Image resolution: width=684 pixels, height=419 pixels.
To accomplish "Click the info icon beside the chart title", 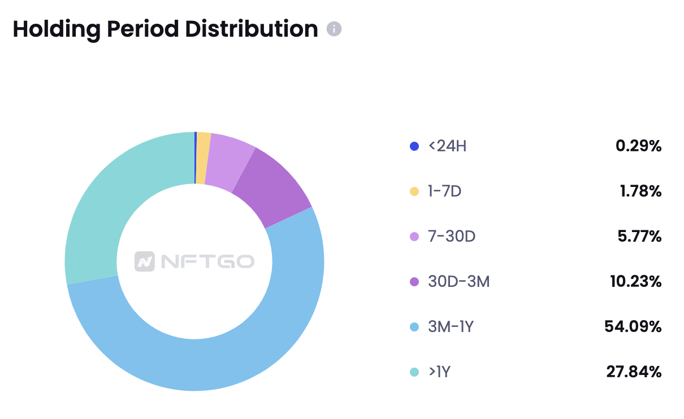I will (334, 29).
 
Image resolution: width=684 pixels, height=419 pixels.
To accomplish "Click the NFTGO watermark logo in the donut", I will (194, 261).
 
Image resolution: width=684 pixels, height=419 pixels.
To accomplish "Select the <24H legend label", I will (447, 146).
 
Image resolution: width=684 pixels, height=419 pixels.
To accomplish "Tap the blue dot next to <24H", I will (414, 146).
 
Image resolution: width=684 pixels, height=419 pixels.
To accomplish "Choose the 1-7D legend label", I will (445, 191).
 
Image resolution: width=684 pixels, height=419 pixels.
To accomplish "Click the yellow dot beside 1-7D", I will (414, 191).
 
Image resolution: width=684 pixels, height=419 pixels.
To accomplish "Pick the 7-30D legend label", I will (452, 237).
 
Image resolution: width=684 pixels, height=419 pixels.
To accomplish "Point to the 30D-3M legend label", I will (458, 282).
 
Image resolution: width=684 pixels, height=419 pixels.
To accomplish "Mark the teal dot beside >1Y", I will (414, 372).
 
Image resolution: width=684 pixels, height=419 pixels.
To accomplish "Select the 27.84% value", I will (633, 372).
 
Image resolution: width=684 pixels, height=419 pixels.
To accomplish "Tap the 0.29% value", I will (638, 146).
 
